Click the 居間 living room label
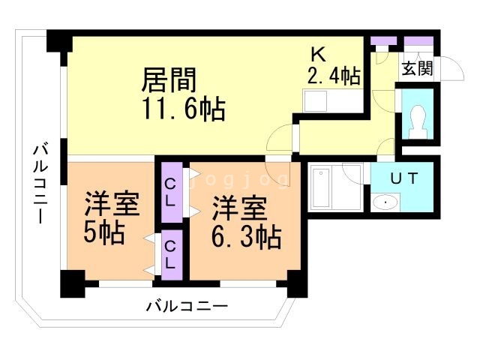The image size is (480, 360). click(170, 79)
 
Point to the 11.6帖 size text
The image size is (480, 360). click(184, 109)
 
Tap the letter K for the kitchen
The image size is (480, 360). click(319, 55)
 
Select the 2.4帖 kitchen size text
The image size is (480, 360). click(334, 75)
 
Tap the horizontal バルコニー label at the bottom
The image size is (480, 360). click(187, 306)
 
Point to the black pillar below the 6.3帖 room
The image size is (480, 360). click(295, 285)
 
